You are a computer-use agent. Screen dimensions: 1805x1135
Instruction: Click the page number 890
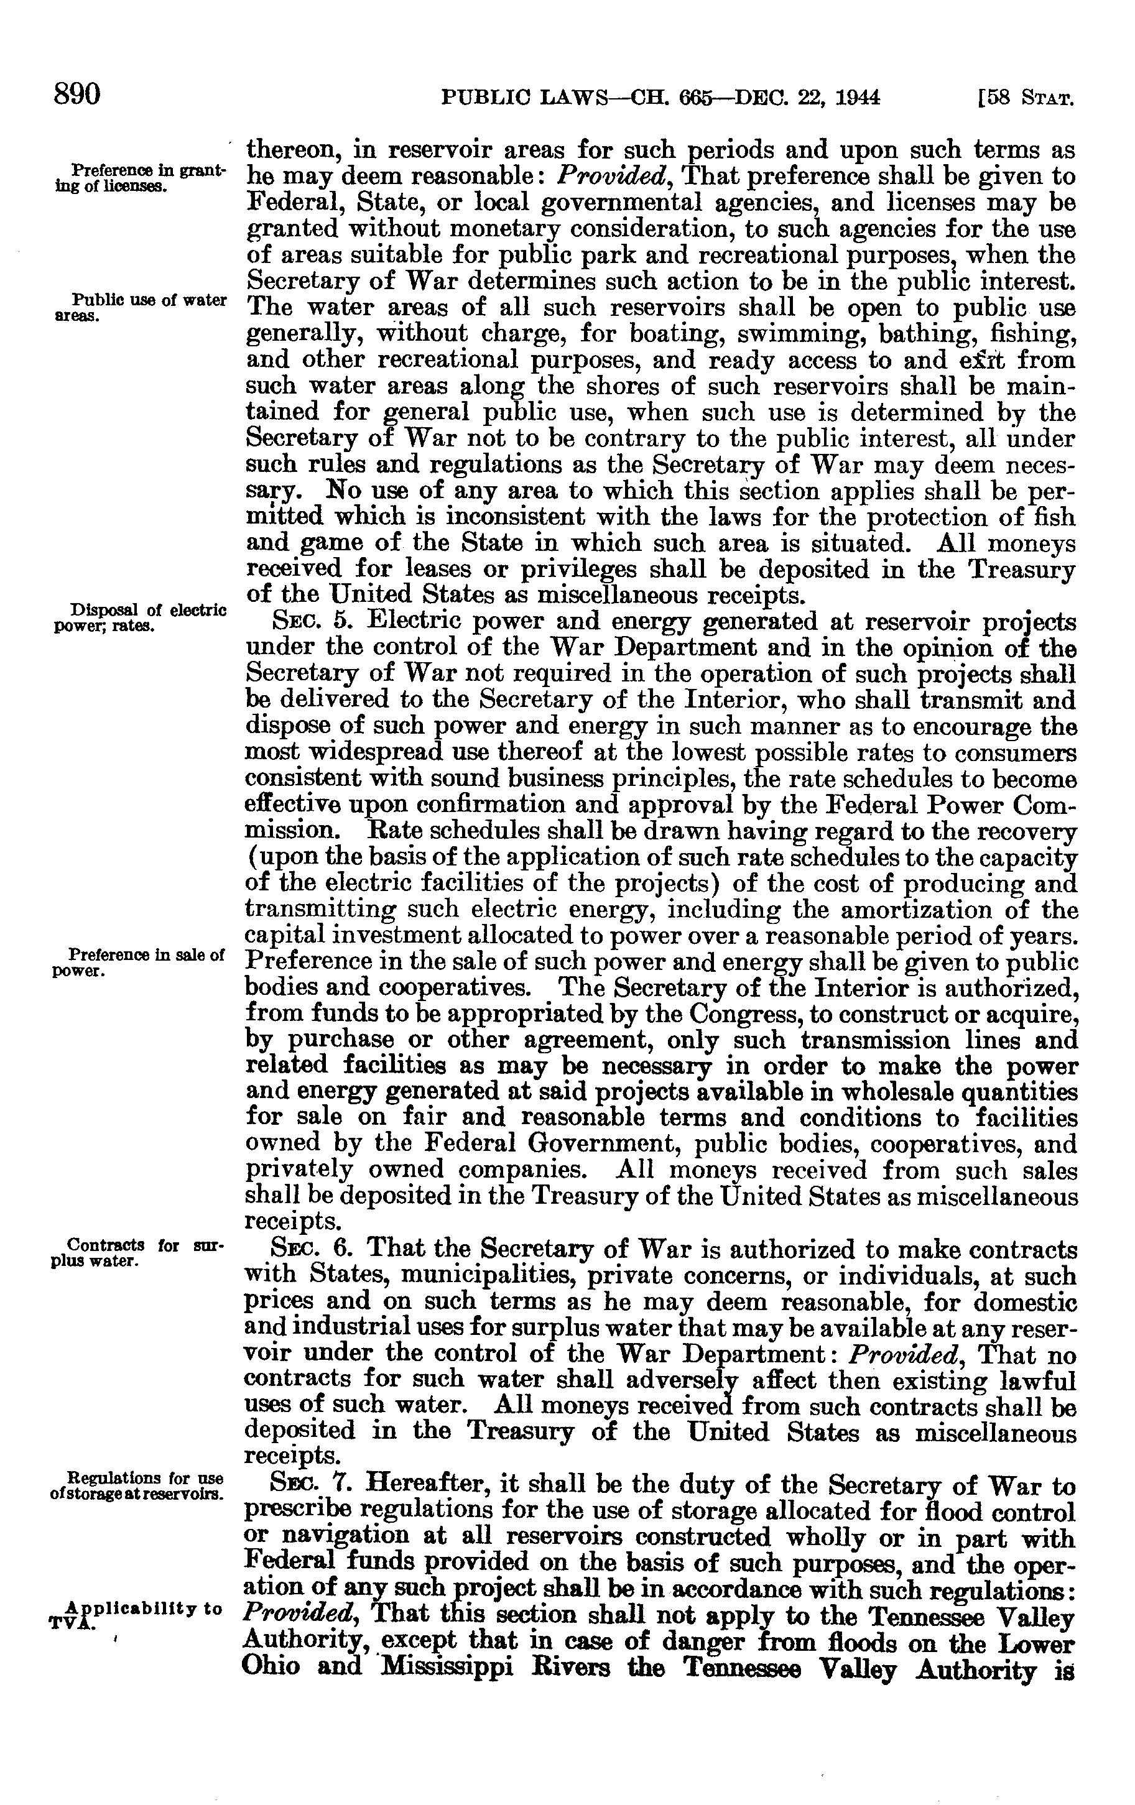pos(76,96)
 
